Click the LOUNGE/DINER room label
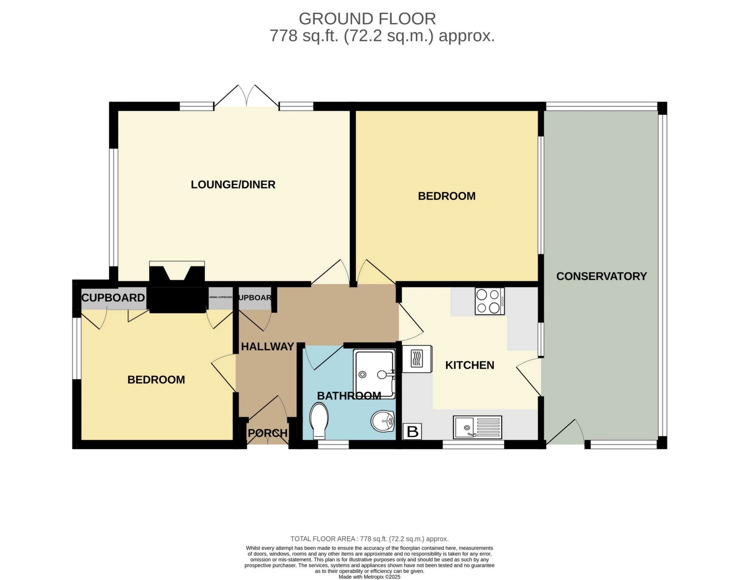tap(233, 185)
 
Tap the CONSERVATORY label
tap(601, 276)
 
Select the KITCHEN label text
tap(470, 365)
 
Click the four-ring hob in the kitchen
tap(489, 301)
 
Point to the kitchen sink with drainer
tap(477, 427)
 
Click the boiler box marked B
tap(412, 432)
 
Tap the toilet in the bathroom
tap(319, 420)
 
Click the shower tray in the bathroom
tap(375, 373)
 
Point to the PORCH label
tap(268, 433)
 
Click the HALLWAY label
tap(268, 347)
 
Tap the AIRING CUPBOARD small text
tap(221, 298)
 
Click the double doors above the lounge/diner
tap(246, 96)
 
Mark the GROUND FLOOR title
tap(367, 19)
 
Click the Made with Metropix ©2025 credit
tap(369, 577)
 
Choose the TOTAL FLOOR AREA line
tap(369, 539)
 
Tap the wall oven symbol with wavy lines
tap(417, 359)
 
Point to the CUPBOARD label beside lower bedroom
tap(113, 298)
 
